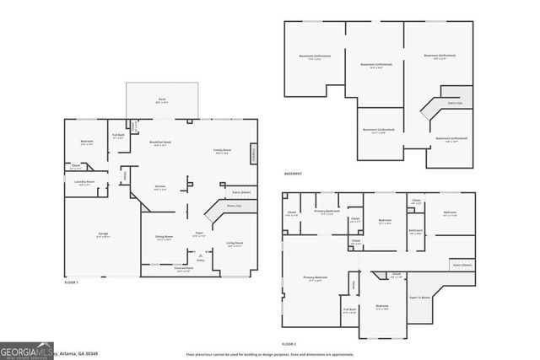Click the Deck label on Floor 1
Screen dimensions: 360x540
(161, 99)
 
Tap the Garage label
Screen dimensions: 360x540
(102, 234)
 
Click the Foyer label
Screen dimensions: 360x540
(200, 234)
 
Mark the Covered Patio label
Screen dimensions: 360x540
(184, 270)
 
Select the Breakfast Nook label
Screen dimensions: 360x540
(160, 143)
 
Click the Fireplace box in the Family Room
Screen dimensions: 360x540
(252, 154)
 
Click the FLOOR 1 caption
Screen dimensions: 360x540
(71, 283)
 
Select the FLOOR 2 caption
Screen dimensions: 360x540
(289, 344)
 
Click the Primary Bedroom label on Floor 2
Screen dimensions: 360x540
(316, 278)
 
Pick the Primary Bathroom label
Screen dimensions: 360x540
(327, 212)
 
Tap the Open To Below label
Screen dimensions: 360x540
(419, 298)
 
